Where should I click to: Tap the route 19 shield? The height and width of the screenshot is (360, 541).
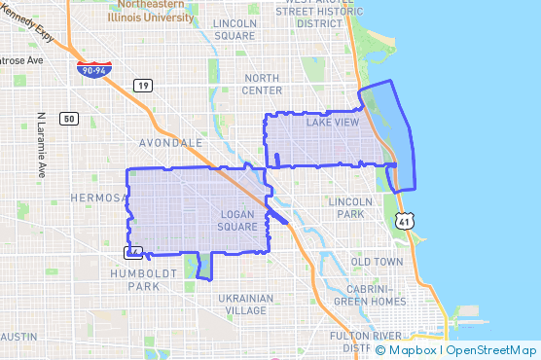143,86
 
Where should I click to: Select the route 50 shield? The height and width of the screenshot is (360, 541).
67,119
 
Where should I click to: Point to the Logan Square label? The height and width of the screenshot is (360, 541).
237,220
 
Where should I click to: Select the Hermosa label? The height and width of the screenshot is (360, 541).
99,198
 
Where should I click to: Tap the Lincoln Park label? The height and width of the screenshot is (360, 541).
350,206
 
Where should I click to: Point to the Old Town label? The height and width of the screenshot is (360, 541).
376,262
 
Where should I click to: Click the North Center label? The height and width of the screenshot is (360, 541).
263,84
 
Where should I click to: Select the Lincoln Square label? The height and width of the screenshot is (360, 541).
234,29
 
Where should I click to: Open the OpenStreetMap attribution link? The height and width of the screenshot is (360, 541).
491,349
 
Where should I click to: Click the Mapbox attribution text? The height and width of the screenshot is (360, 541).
411,349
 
